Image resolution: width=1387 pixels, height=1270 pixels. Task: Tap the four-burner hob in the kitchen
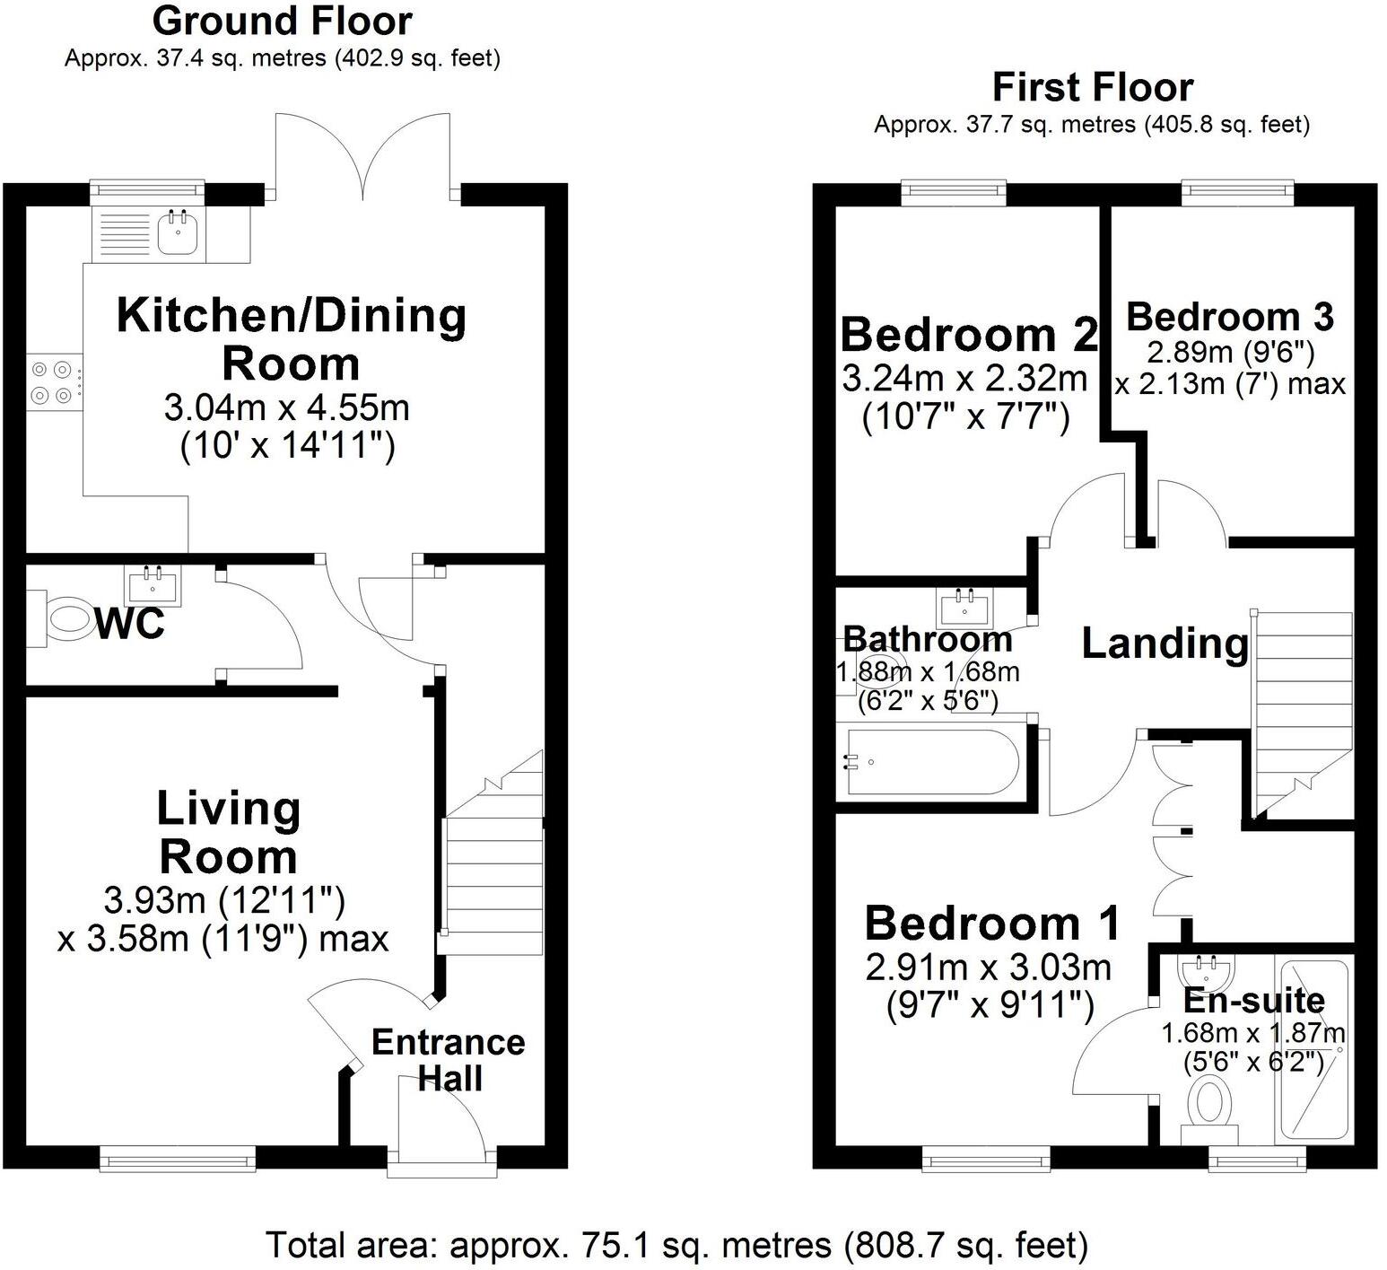pos(52,381)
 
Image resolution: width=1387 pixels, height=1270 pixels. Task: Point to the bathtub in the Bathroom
pos(931,763)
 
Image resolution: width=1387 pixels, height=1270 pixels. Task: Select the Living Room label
pos(229,832)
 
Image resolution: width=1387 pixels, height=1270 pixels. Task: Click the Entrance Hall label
pos(449,1060)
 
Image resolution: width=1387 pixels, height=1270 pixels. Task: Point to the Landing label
pos(1165,644)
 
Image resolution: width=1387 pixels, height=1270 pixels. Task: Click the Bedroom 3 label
pos(1230,317)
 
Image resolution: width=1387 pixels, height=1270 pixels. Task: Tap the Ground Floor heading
pos(282,21)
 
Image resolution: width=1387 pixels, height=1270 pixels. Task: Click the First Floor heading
pos(1092,88)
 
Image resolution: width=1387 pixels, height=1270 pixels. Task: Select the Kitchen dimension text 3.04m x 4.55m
pos(287,408)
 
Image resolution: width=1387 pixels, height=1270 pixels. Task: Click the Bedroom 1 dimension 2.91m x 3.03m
pos(989,968)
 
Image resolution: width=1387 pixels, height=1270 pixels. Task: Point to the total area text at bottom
pos(677,1245)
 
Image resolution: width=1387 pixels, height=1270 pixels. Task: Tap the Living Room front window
pos(178,1161)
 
